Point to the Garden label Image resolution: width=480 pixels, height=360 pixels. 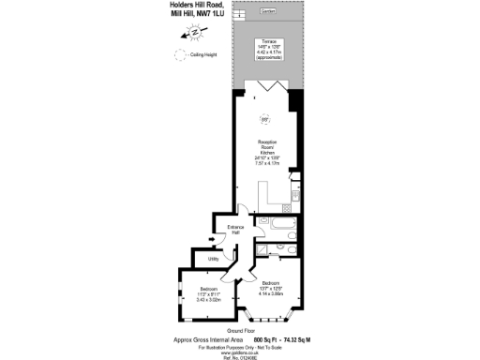(267, 11)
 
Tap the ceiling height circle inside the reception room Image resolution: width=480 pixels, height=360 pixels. (265, 118)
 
